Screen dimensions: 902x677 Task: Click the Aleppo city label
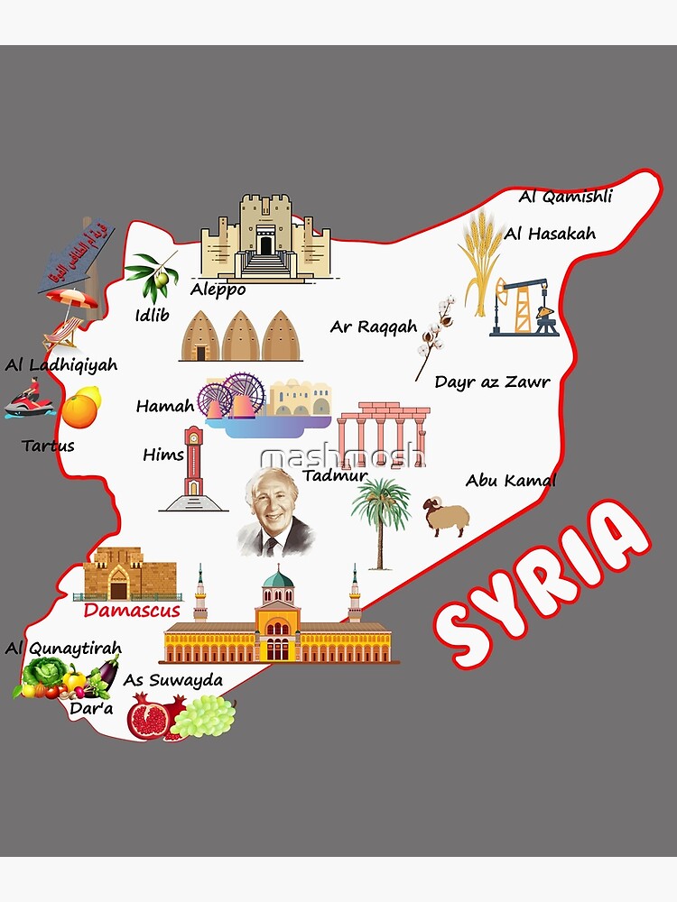pyautogui.click(x=218, y=290)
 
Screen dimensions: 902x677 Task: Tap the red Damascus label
pyautogui.click(x=131, y=611)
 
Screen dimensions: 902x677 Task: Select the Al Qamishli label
pyautogui.click(x=566, y=197)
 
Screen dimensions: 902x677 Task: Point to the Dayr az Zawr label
pyautogui.click(x=492, y=382)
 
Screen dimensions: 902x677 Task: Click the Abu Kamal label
pyautogui.click(x=510, y=481)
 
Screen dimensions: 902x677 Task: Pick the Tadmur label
pyautogui.click(x=335, y=475)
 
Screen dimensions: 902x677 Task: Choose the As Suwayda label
pyautogui.click(x=172, y=679)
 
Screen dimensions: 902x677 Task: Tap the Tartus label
pyautogui.click(x=48, y=446)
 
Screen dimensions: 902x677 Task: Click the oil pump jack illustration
pyautogui.click(x=524, y=308)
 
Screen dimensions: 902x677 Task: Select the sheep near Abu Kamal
pyautogui.click(x=446, y=515)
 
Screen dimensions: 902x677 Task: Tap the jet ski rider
pyautogui.click(x=28, y=400)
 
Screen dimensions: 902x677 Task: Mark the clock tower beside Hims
pyautogui.click(x=193, y=467)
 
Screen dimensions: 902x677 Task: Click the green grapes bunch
pyautogui.click(x=204, y=716)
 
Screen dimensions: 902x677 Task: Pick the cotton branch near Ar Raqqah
pyautogui.click(x=433, y=335)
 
